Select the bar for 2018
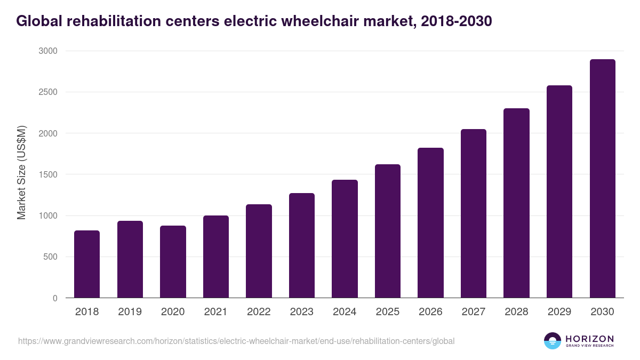[x=87, y=264]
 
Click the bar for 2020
[x=173, y=262]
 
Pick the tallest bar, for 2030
[x=602, y=179]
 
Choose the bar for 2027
[x=474, y=213]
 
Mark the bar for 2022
[x=259, y=251]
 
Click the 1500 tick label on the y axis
[x=47, y=174]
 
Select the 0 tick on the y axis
[x=55, y=298]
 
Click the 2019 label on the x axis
[x=130, y=312]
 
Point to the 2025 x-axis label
[x=387, y=312]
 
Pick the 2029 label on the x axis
[x=559, y=312]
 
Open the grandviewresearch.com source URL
[x=236, y=341]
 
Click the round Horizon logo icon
[x=553, y=341]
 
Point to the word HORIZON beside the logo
[x=589, y=338]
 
